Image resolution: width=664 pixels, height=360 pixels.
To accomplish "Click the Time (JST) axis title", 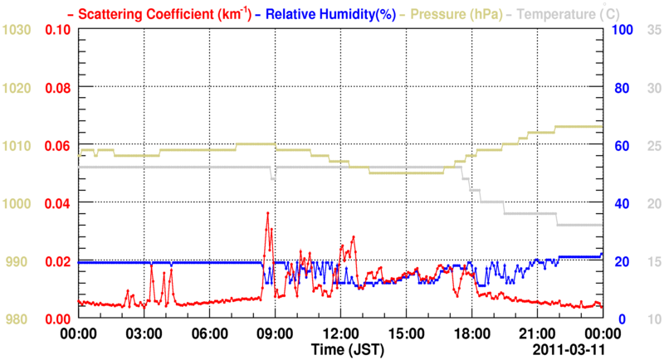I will coord(342,350).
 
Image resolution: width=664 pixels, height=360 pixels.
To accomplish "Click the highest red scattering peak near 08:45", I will coord(266,213).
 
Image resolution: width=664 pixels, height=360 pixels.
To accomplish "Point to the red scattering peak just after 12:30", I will coord(354,236).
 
